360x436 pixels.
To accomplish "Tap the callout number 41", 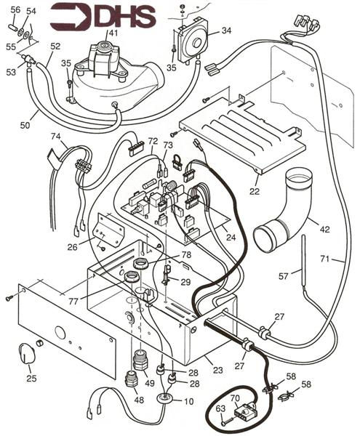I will pyautogui.click(x=112, y=33).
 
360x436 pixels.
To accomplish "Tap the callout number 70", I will pyautogui.click(x=235, y=398).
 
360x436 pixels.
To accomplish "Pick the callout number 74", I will pyautogui.click(x=55, y=137).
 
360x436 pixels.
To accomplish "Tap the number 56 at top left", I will pyautogui.click(x=15, y=9).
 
